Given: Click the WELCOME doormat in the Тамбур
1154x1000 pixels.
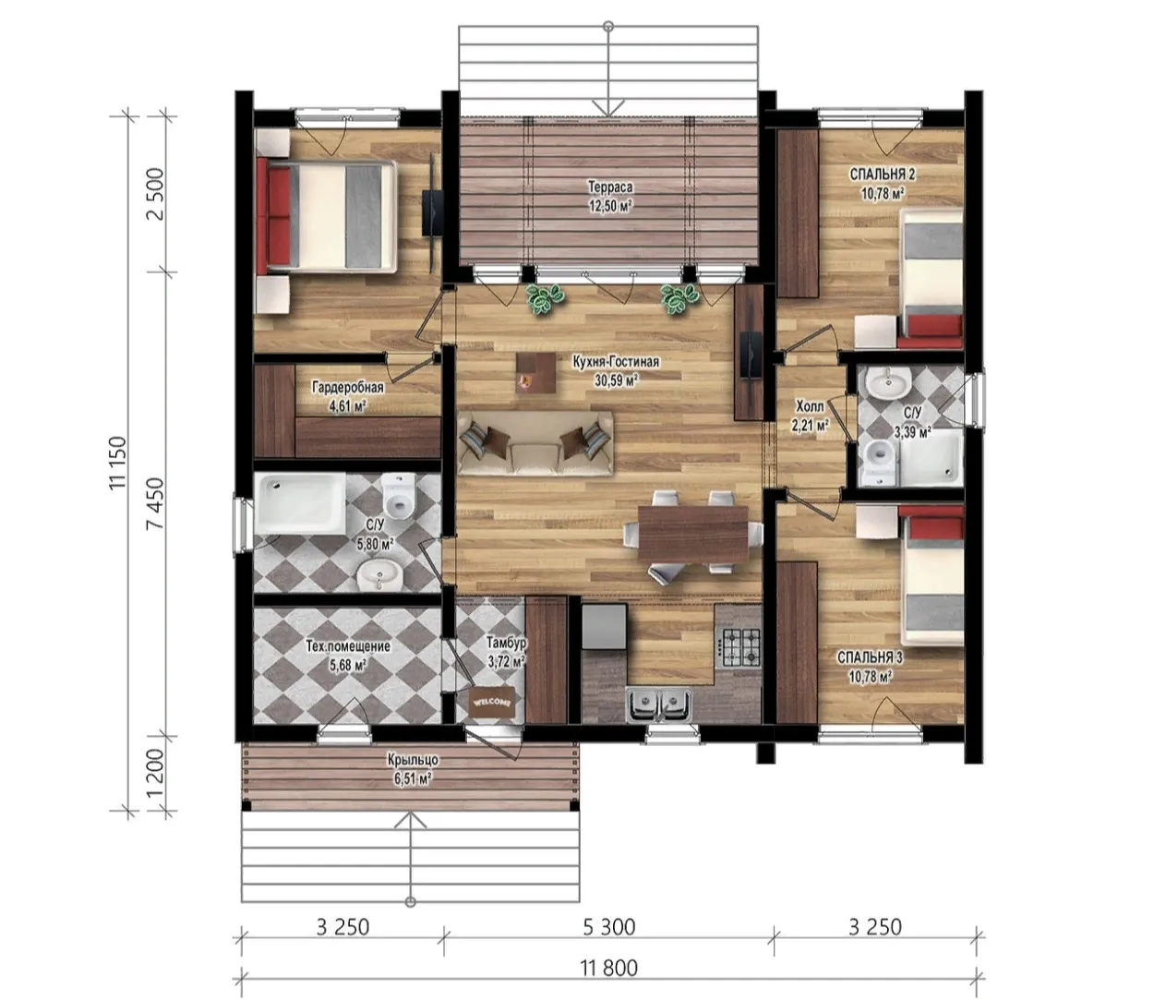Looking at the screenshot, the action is pos(492,703).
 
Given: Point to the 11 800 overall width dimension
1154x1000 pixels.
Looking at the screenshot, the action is pos(608,969).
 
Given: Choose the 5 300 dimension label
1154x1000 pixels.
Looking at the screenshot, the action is pos(608,927).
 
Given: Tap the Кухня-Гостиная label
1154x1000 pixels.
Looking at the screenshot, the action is pos(616,362).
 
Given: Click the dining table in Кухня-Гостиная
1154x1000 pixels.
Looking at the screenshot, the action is pos(692,534).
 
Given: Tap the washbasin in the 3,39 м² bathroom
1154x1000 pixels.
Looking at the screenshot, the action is pos(888,383).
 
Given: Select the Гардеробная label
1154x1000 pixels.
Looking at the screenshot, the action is pos(348,387).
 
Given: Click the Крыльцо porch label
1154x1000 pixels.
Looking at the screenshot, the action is pos(413,760).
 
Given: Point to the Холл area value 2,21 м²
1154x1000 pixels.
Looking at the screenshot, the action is pos(810,426).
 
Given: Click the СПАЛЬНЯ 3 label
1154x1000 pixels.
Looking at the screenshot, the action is pos(870,658).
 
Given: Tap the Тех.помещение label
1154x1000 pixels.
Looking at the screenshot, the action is pos(348,646).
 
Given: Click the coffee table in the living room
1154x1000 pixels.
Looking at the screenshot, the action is pos(536,372).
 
